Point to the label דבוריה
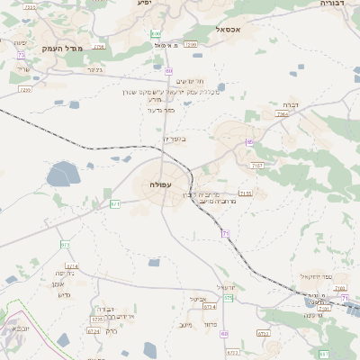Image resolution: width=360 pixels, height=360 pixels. (337, 4)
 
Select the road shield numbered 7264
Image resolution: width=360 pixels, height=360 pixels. (283, 114)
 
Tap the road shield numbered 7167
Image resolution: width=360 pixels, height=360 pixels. (257, 166)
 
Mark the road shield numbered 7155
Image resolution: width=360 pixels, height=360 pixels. (246, 193)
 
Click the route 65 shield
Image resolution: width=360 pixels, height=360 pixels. (251, 142)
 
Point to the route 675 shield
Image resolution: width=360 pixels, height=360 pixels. (229, 297)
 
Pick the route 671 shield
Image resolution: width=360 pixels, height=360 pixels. (115, 204)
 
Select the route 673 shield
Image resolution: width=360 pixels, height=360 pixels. (65, 245)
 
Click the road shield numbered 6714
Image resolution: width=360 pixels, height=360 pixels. (72, 266)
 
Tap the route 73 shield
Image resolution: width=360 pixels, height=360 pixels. (20, 55)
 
